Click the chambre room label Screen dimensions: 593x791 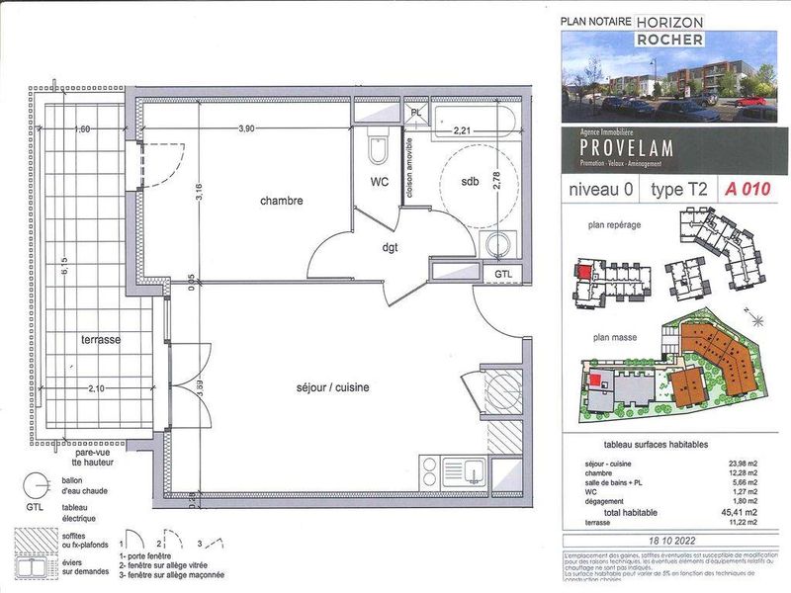281,201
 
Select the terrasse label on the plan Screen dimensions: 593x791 101,339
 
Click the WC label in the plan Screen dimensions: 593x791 380,182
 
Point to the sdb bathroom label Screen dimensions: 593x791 471,182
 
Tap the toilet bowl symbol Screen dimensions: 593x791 376,150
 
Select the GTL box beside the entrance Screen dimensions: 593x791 503,273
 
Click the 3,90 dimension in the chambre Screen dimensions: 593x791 253,128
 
